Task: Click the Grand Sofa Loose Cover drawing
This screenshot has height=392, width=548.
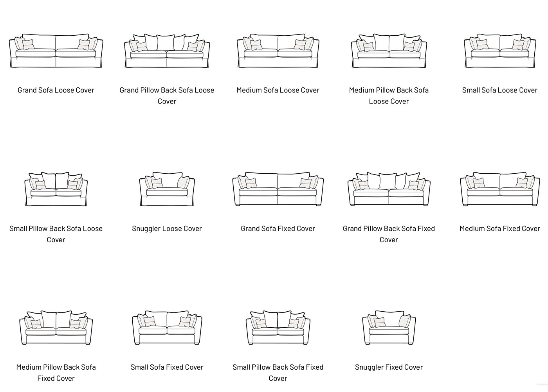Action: click(x=56, y=51)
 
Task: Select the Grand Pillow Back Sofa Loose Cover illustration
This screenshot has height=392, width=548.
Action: click(x=167, y=51)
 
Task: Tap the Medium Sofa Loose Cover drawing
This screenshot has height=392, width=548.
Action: click(x=278, y=51)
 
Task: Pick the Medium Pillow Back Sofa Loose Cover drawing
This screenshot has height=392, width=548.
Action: click(x=389, y=51)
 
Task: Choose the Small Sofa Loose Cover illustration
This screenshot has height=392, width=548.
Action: click(x=500, y=51)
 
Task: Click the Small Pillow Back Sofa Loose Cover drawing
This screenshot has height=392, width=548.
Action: click(x=56, y=189)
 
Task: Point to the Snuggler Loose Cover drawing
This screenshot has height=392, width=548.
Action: click(x=167, y=189)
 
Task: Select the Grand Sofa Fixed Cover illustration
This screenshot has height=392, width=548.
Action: click(x=278, y=189)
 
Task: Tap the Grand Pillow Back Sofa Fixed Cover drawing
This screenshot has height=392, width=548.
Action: click(x=389, y=189)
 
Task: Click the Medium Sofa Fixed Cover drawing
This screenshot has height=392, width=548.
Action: click(x=500, y=189)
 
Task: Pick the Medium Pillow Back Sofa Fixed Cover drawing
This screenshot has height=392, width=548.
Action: click(x=56, y=328)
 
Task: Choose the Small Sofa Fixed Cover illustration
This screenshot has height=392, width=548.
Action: click(x=167, y=328)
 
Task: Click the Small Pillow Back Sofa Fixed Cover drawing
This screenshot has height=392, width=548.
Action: click(x=278, y=328)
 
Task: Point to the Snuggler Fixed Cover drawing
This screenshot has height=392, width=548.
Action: click(x=389, y=328)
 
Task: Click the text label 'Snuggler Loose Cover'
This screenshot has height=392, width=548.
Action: click(x=167, y=229)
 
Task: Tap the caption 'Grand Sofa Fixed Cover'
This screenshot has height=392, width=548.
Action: click(x=278, y=229)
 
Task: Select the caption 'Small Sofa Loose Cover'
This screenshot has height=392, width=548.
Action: click(x=500, y=90)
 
